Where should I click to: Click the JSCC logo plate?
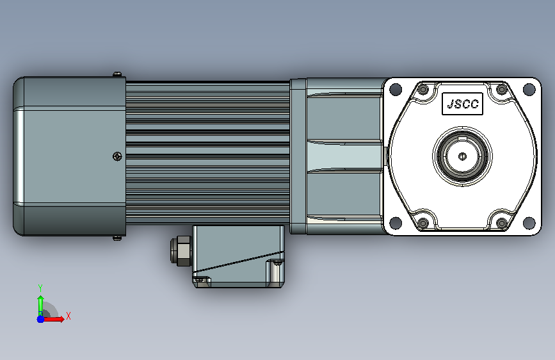(462, 104)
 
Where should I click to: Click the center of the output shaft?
(462, 156)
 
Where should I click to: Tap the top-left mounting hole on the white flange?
(396, 89)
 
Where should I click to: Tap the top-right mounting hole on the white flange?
(529, 89)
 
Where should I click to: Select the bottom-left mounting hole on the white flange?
(396, 223)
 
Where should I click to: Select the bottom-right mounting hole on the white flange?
(529, 223)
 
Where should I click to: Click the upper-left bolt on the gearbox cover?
(423, 89)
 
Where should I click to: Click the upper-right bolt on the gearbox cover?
(502, 89)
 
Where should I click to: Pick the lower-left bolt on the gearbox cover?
(423, 223)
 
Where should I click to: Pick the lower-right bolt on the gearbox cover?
(502, 223)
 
